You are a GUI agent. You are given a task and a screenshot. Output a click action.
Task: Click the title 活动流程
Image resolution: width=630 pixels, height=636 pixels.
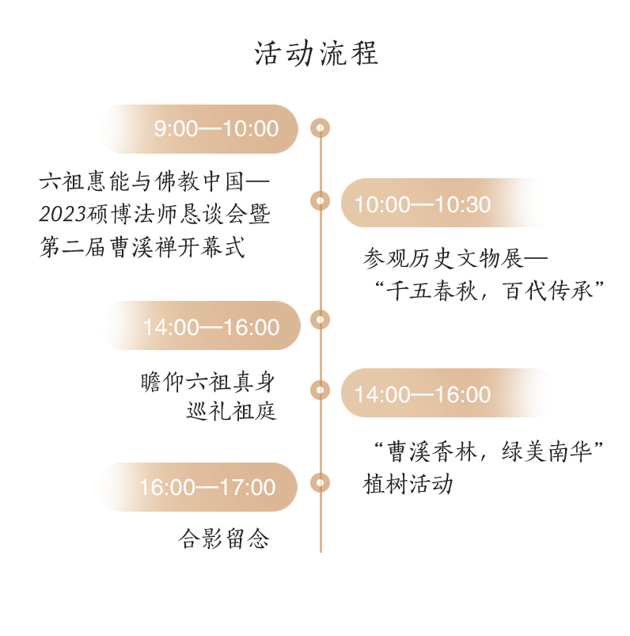click(x=317, y=54)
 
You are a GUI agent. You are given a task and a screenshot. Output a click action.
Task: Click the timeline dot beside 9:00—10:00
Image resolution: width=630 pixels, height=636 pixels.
click(x=320, y=128)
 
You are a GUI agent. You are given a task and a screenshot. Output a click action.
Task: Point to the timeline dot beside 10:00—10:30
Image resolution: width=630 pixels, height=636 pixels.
click(x=320, y=201)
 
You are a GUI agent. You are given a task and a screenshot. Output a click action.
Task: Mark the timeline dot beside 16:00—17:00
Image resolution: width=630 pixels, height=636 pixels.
click(x=320, y=482)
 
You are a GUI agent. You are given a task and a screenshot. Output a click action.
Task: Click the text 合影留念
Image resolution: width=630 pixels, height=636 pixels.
click(x=224, y=540)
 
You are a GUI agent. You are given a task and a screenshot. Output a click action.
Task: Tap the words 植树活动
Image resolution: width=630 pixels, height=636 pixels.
click(x=408, y=484)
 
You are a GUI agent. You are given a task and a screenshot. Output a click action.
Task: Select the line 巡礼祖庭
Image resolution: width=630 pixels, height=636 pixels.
click(x=231, y=412)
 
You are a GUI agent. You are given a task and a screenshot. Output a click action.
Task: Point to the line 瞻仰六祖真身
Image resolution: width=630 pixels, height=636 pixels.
click(x=208, y=383)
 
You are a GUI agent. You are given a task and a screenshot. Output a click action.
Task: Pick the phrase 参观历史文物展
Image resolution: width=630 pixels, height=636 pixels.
click(x=443, y=258)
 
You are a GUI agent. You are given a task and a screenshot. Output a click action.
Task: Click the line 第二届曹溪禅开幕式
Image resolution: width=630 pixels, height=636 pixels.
click(x=142, y=247)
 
